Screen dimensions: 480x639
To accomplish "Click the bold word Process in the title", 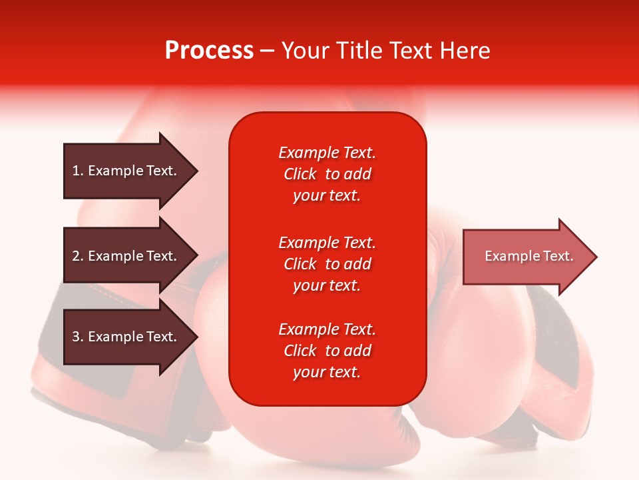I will [x=209, y=51].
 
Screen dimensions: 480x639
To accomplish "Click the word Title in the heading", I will [x=357, y=51].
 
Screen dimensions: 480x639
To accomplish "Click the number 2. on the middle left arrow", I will [x=78, y=256].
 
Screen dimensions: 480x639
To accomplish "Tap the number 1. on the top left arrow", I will [x=78, y=171].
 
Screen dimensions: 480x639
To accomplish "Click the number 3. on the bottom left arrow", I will [x=78, y=337].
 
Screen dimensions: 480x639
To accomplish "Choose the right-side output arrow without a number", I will [x=526, y=257].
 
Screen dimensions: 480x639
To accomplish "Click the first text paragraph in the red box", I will [x=327, y=174].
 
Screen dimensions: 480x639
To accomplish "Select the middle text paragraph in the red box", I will [x=327, y=264].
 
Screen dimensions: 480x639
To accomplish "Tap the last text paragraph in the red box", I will [x=327, y=351].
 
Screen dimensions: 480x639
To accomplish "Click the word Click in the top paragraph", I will [x=300, y=174].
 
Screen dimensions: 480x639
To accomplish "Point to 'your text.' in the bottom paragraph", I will [x=327, y=372].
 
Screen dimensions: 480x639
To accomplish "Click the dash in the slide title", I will [x=267, y=51].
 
